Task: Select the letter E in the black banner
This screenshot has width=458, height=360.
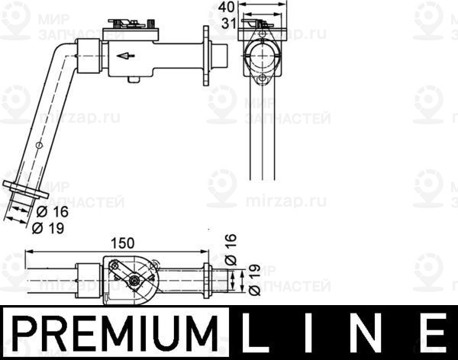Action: click(x=433, y=334)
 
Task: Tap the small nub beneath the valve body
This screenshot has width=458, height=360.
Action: click(x=134, y=79)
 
